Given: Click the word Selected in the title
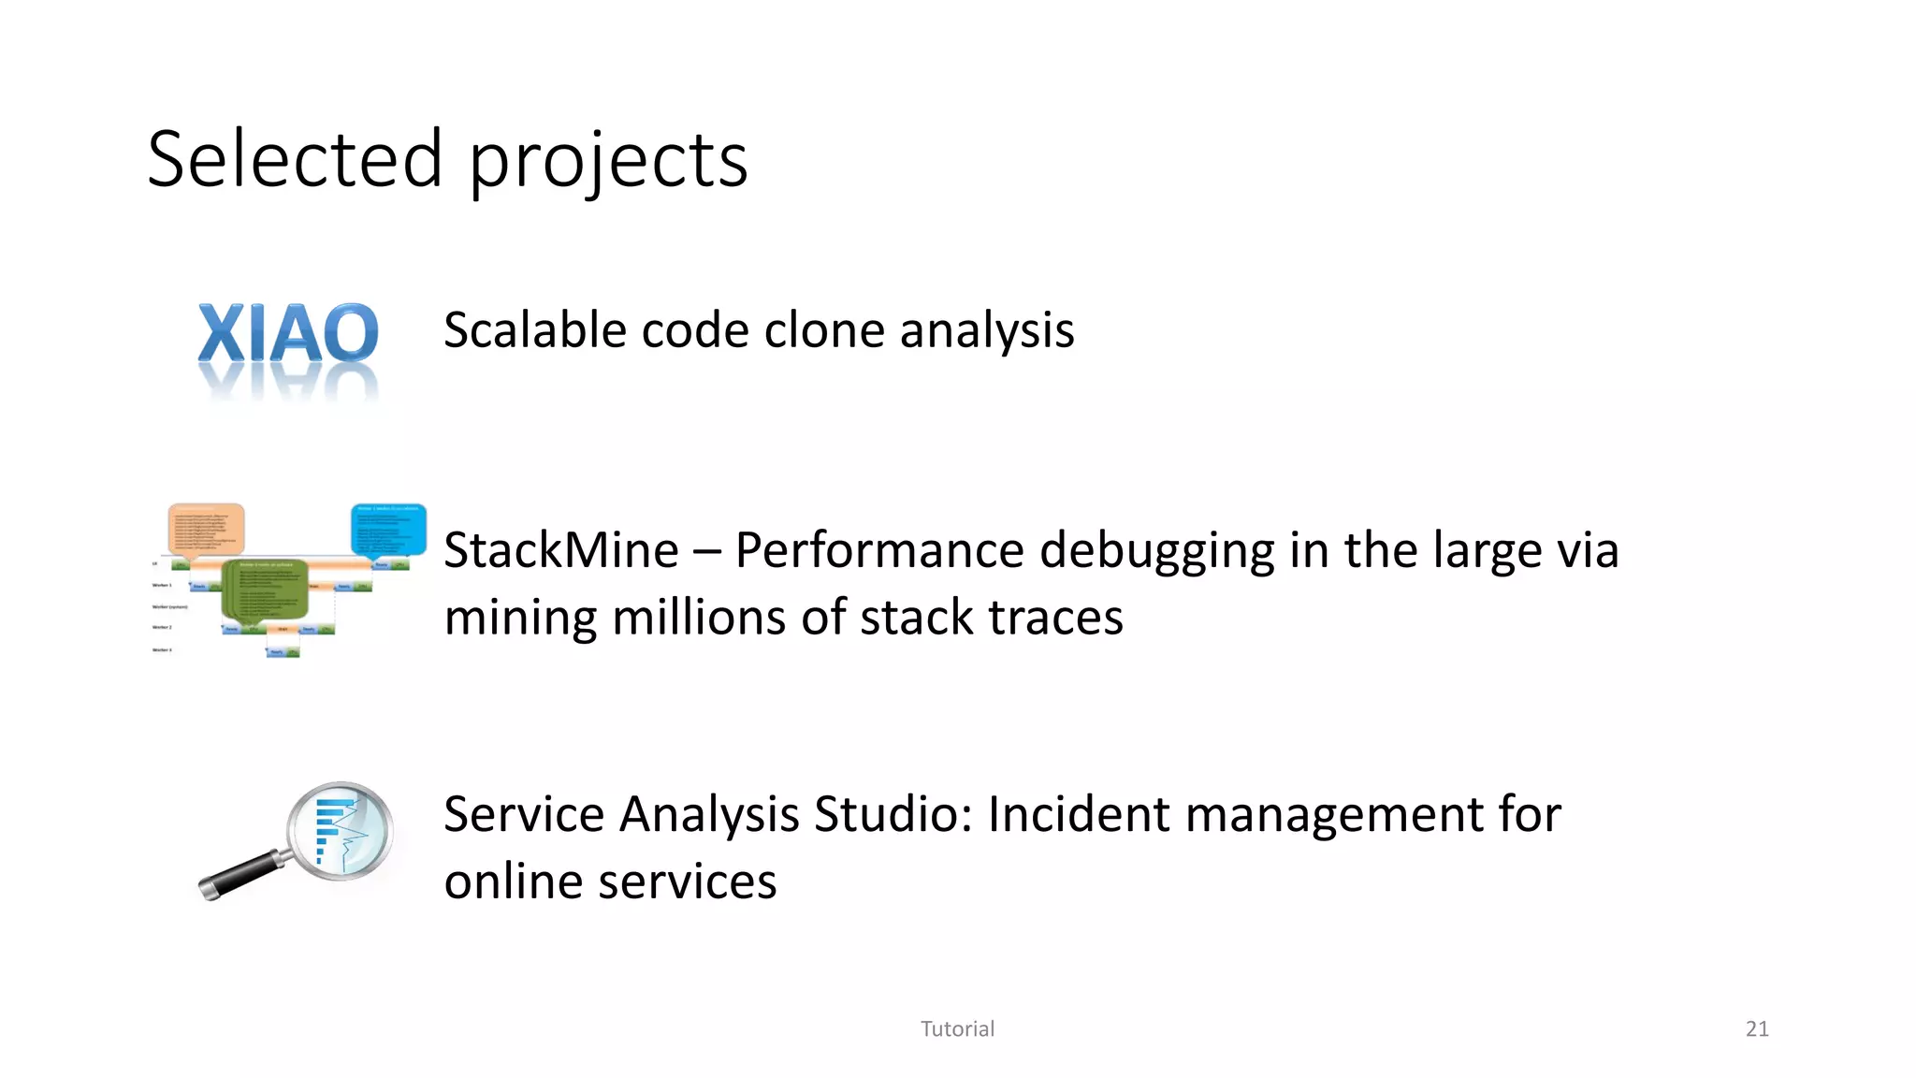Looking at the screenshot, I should point(295,159).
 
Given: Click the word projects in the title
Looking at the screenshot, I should point(608,161).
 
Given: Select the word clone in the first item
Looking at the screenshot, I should point(824,330).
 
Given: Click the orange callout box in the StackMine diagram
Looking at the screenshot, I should point(206,530).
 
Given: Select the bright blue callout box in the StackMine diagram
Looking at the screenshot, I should point(388,530).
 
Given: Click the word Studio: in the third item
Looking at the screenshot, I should point(893,813).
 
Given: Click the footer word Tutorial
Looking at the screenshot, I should point(957,1028).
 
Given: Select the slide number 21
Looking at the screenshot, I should point(1757,1028).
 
